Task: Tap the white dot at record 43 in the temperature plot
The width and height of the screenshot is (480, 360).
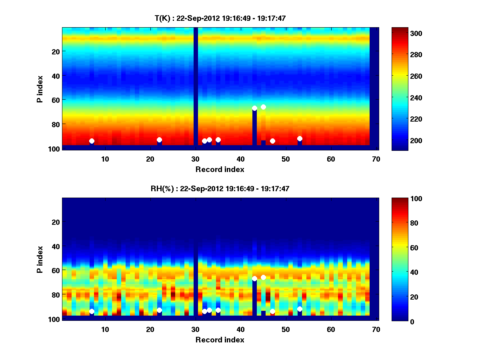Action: coord(254,108)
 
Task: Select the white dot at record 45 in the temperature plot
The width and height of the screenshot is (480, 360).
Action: coord(263,107)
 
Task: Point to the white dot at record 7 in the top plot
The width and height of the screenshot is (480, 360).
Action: coord(92,141)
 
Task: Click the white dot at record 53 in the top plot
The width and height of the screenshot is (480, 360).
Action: coord(300,138)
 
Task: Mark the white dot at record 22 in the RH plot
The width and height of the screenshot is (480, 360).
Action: coord(159,310)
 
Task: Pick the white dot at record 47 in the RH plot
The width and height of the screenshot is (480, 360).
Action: coord(272,311)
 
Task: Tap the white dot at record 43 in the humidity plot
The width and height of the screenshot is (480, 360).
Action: coord(254,278)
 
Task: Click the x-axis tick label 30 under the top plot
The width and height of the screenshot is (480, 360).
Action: coord(195,159)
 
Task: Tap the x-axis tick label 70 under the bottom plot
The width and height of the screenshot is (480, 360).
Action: coord(376,329)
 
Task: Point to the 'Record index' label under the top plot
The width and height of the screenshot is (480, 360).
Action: coord(220,169)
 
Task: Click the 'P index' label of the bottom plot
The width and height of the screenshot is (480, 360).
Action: coord(40,259)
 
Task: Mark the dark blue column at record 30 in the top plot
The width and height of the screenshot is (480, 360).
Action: coord(196,86)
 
